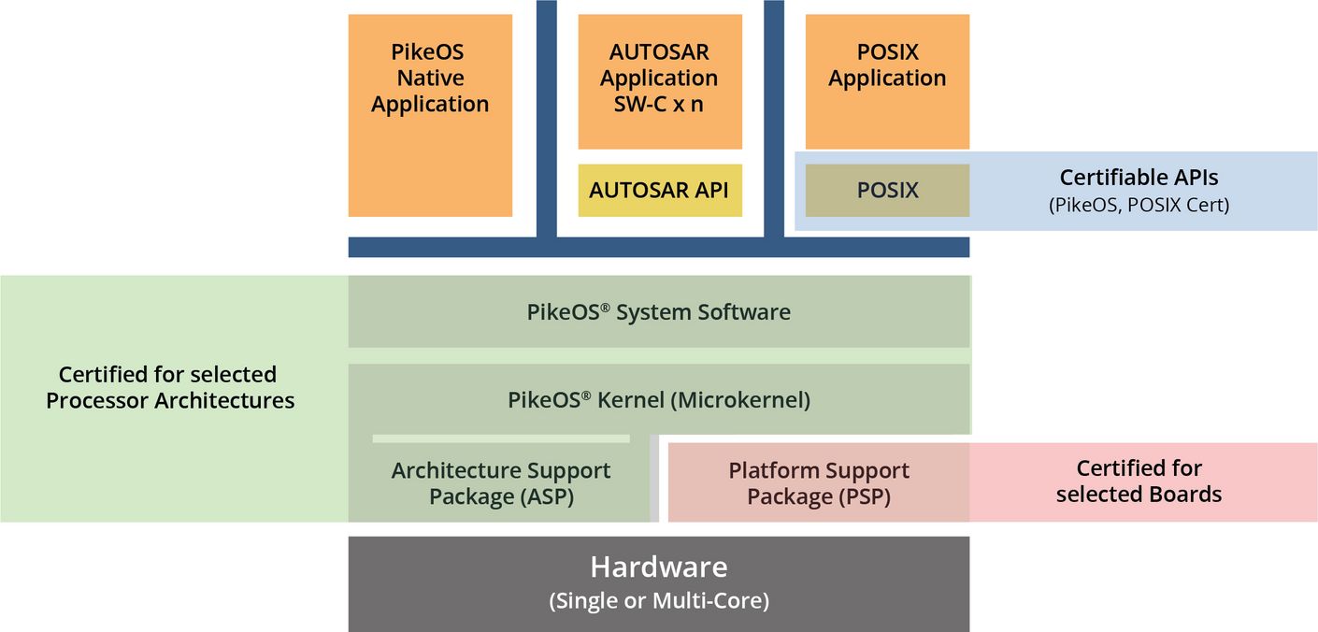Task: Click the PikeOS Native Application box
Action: (430, 115)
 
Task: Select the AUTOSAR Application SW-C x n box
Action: (659, 80)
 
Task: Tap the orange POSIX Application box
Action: (887, 80)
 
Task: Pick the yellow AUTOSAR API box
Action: (659, 190)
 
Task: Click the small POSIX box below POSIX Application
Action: (887, 190)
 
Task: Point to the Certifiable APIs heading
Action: (1139, 177)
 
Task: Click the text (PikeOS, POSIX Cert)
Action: (1139, 205)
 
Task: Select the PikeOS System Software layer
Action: (659, 311)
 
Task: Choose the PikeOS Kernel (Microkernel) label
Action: (659, 399)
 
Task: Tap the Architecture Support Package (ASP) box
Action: (500, 483)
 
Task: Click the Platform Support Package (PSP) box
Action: (819, 483)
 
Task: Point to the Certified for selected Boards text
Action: (1139, 481)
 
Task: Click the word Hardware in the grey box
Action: (659, 567)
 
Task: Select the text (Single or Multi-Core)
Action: (659, 600)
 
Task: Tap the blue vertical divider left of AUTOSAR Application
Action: (547, 117)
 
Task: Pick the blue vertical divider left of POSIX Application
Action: (774, 117)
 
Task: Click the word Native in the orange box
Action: (430, 79)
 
